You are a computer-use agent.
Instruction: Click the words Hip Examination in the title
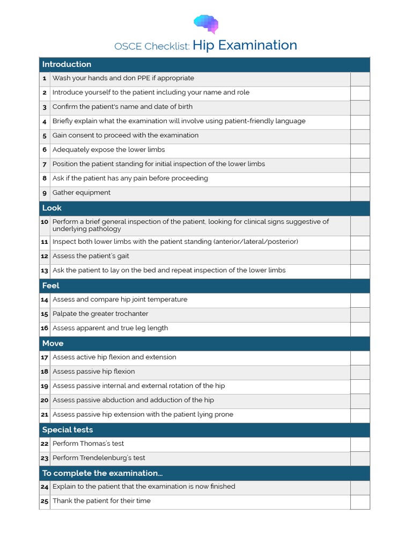(x=245, y=46)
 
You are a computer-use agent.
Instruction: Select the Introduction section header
(x=67, y=64)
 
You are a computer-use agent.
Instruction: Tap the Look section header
(x=52, y=208)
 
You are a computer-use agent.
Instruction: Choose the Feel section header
(x=51, y=286)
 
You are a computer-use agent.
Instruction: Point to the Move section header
(x=53, y=343)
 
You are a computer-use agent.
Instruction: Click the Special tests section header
(x=68, y=430)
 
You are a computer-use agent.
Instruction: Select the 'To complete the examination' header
(x=102, y=473)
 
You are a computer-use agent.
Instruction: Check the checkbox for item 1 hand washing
(x=360, y=79)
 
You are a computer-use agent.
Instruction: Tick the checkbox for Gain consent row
(x=360, y=136)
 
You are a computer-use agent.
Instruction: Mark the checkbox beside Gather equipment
(x=360, y=193)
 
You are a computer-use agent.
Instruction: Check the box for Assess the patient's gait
(x=360, y=257)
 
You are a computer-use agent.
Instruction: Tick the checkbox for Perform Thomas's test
(x=360, y=444)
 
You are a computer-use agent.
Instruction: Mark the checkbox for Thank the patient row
(x=360, y=502)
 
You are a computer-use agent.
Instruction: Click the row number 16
(x=45, y=328)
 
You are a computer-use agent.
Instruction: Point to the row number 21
(x=45, y=415)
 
